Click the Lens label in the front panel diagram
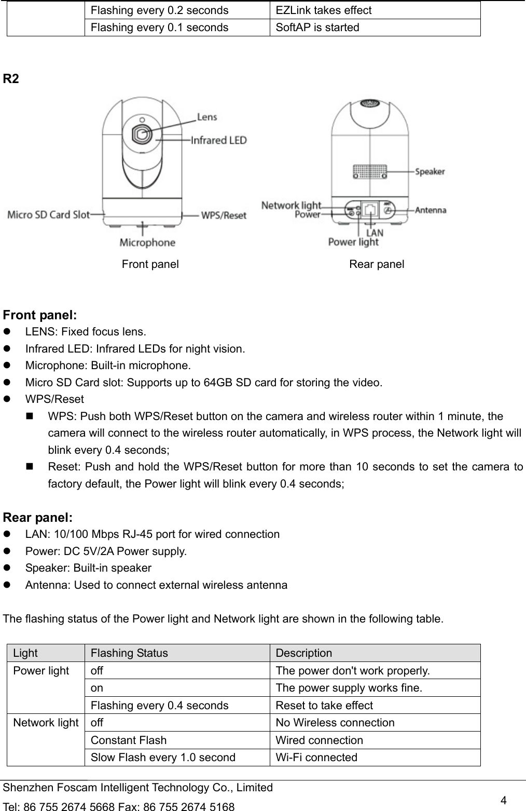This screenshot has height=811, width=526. coord(206,117)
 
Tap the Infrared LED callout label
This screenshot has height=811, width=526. coord(218,140)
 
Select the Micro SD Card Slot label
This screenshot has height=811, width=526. coord(48,214)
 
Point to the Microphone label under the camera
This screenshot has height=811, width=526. coord(147,242)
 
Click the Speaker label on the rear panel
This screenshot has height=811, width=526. coord(430,171)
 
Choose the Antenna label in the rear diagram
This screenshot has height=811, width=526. coord(431,210)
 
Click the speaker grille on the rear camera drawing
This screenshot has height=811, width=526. coord(370,171)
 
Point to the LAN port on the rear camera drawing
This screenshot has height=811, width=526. coord(371,210)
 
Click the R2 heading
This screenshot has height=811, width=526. coord(11,79)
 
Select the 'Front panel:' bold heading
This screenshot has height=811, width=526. coord(40,315)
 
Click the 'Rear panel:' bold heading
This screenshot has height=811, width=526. coord(38,518)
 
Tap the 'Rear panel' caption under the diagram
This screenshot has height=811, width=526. coord(377,264)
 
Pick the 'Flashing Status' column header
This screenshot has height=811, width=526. coord(129,653)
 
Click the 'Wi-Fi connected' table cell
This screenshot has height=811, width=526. coord(316,757)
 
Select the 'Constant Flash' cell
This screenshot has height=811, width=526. coord(129,740)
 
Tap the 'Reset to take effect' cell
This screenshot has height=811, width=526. coord(324,705)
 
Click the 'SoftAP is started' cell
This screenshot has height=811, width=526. coord(317,28)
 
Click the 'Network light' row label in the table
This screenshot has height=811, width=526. coord(46,723)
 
